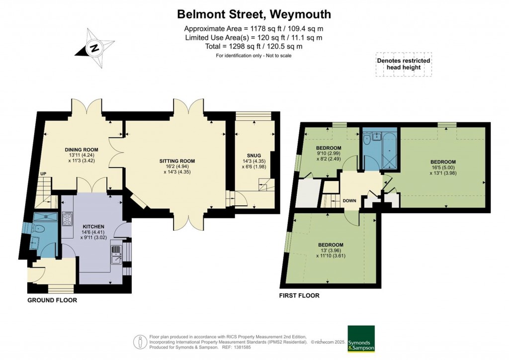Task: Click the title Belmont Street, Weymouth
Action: coord(254,14)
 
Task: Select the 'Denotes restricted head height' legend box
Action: coord(403,64)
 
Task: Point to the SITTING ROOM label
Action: coord(177,161)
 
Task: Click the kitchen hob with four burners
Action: coord(68,219)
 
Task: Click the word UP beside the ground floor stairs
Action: coord(43,174)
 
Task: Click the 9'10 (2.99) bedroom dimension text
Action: coord(329,154)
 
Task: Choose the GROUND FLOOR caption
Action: coord(52,300)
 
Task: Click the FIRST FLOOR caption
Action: coord(299,296)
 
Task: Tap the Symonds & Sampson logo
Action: coord(361,339)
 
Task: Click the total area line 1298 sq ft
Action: coord(254,46)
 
